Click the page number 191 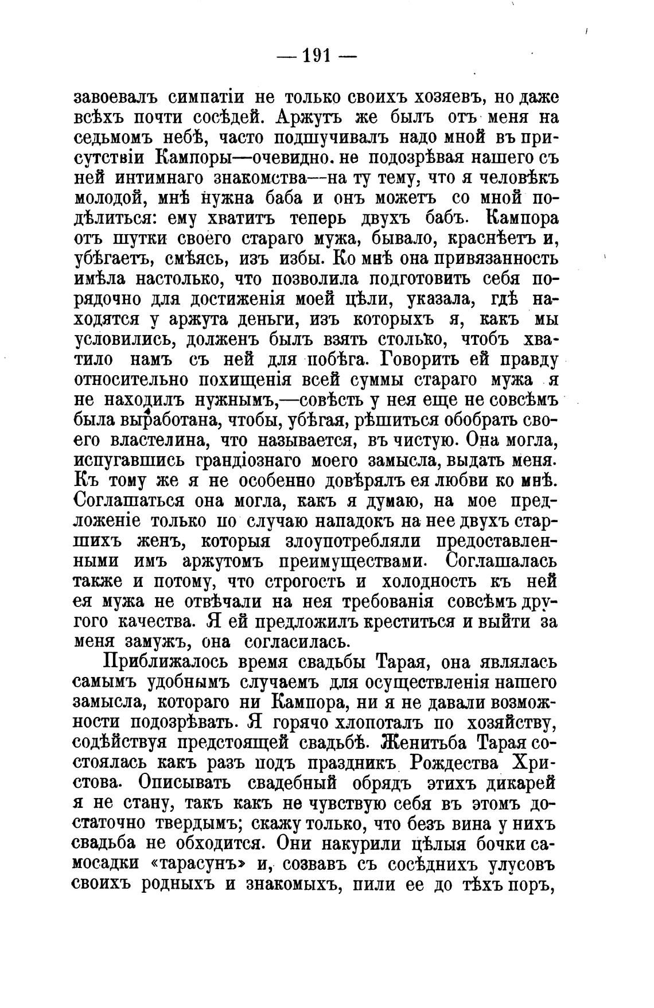[x=317, y=56]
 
